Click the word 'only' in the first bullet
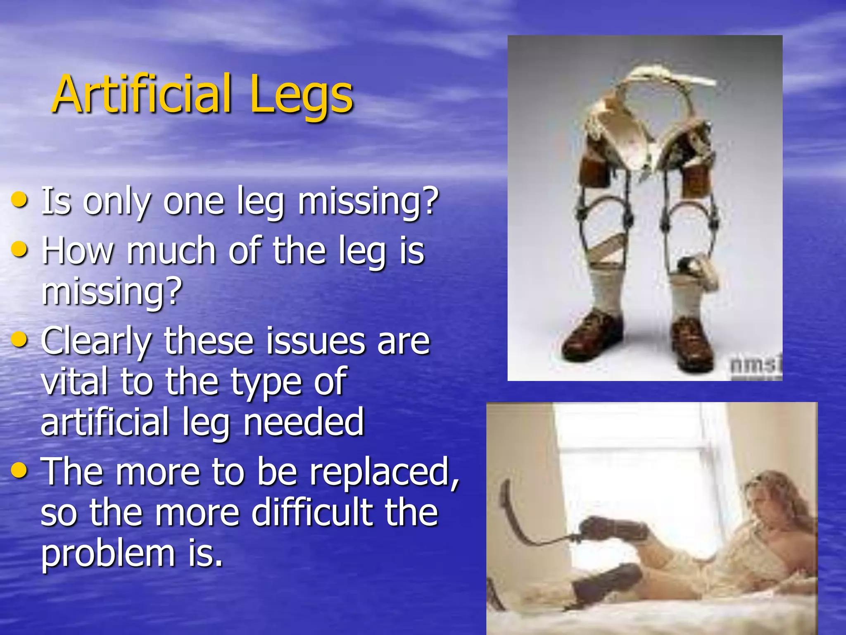tap(117, 202)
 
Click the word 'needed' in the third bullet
tap(304, 422)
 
